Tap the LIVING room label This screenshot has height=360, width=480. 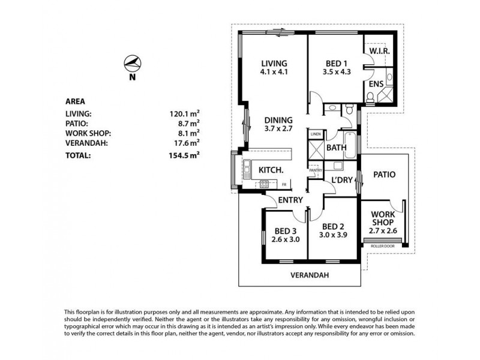tap(274, 64)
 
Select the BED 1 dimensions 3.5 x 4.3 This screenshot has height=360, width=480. tap(337, 72)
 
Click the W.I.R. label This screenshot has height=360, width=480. tap(379, 51)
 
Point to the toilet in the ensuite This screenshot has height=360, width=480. tap(370, 97)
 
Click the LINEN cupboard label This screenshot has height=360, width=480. tap(316, 134)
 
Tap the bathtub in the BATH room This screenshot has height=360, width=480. tap(350, 145)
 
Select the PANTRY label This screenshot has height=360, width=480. tap(316, 170)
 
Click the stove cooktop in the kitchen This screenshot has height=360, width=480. tap(264, 184)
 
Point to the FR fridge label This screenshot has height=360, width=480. tap(284, 185)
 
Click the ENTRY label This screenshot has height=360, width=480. tap(290, 200)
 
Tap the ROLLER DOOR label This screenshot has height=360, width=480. tap(383, 246)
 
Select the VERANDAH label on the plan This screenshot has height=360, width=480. tap(310, 275)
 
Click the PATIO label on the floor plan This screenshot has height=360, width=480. tap(385, 175)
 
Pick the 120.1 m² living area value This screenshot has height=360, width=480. tap(185, 113)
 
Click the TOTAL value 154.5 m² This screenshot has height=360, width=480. tap(184, 155)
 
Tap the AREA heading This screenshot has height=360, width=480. tap(76, 101)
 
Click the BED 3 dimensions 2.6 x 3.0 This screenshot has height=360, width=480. tap(286, 239)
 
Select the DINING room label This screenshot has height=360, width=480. tap(278, 120)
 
